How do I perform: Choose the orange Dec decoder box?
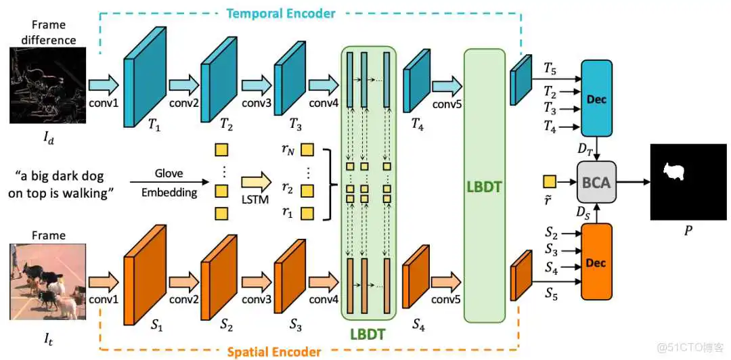pos(596,262)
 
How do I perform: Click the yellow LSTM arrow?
pos(257,182)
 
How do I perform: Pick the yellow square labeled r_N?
pos(308,150)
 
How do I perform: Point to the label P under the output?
pos(688,231)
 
